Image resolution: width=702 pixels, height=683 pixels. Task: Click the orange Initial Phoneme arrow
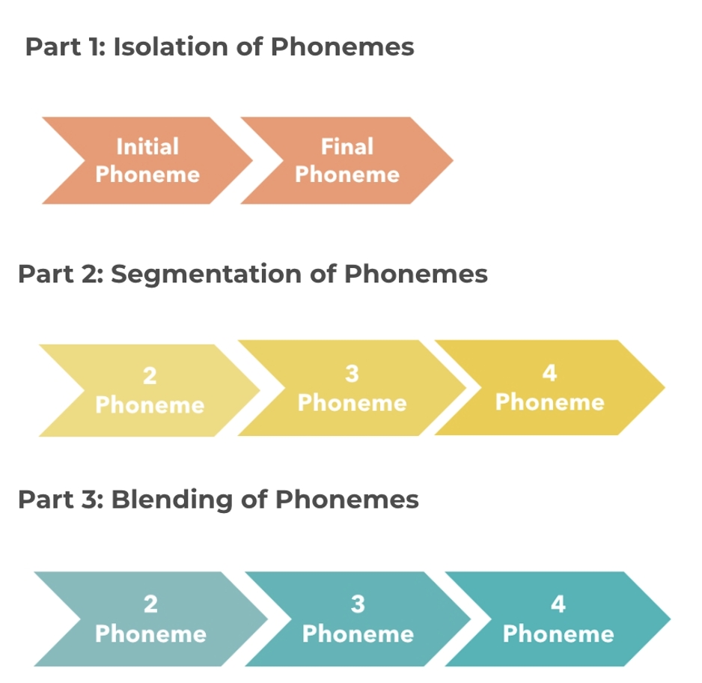(142, 161)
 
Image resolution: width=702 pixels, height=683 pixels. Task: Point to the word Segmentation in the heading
(207, 274)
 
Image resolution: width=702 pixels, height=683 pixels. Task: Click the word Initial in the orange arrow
(147, 146)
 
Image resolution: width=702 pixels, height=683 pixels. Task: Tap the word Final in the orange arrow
(347, 146)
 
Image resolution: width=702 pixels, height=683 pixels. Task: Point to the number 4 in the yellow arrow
(549, 373)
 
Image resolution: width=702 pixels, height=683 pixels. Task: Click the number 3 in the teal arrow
(358, 604)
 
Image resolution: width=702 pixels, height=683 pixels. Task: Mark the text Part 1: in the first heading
(65, 47)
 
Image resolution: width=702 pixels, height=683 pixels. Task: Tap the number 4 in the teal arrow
(558, 604)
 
